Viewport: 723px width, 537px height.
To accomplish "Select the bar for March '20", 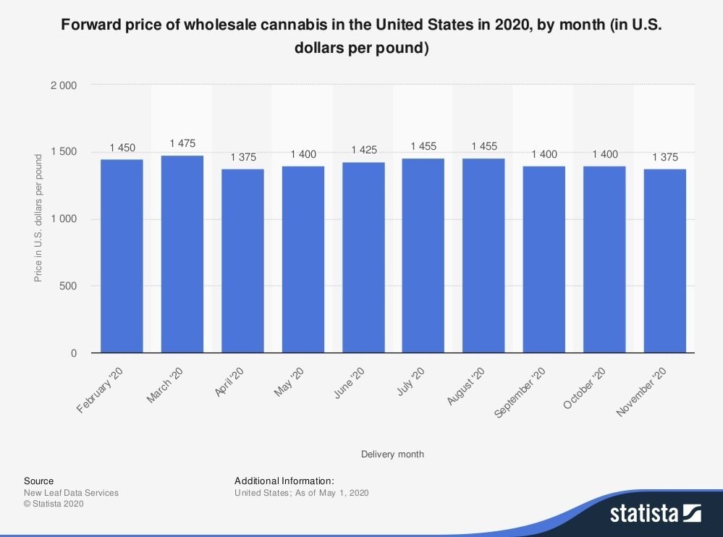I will coord(182,254).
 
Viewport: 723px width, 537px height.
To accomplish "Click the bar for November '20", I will coord(665,261).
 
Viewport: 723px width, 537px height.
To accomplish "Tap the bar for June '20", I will coord(363,258).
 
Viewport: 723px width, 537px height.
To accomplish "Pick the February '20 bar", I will coord(122,256).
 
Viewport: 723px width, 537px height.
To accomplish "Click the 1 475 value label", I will coord(182,143).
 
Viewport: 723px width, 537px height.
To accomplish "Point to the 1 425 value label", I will coord(363,150).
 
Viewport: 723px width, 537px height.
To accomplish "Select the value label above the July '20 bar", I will coord(423,146).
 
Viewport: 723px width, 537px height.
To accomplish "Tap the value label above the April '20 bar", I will coord(242,157).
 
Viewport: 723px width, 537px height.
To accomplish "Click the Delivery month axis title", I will coord(392,454).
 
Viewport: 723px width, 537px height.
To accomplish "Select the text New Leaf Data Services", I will coord(71,493).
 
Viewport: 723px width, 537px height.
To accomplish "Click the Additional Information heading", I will coord(284,481).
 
